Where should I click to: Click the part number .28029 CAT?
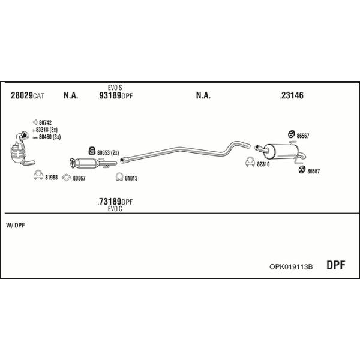(27, 95)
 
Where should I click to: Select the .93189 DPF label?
(115, 95)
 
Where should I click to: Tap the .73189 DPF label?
(115, 202)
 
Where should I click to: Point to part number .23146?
(292, 95)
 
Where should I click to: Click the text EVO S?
(115, 88)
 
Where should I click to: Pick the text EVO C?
(115, 209)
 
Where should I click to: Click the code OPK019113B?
(291, 266)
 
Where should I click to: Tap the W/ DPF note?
(16, 225)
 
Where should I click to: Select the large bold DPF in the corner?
(335, 265)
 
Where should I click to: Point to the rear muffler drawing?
(280, 151)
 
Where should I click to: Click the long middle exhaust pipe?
(185, 151)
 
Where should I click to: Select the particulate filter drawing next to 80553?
(93, 163)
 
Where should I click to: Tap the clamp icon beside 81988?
(38, 175)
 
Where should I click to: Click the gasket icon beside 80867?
(67, 178)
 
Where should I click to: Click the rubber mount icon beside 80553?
(92, 151)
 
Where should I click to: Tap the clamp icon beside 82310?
(250, 162)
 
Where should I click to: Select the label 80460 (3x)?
(50, 137)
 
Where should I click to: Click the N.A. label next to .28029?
(71, 95)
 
